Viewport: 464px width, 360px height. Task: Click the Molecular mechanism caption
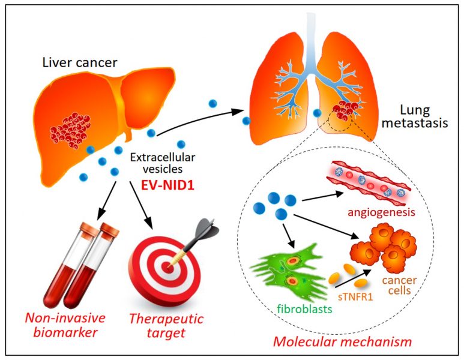pyautogui.click(x=343, y=342)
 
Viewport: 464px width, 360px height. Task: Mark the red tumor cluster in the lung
pyautogui.click(x=344, y=110)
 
